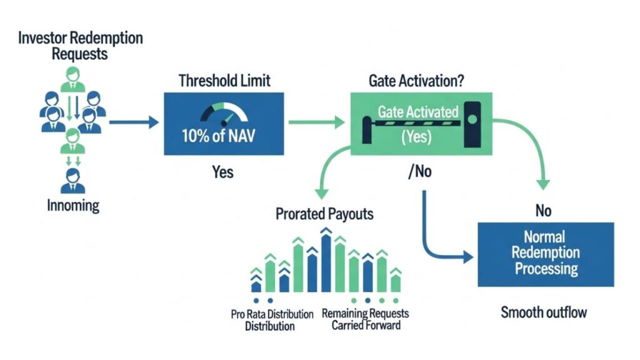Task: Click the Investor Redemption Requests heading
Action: [x=80, y=46]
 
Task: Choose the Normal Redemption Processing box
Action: [x=546, y=254]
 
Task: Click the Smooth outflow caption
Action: [x=544, y=311]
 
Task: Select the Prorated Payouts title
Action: [x=324, y=214]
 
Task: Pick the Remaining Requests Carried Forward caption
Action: [x=366, y=319]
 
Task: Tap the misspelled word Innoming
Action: [x=73, y=205]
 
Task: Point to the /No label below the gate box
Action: [x=419, y=172]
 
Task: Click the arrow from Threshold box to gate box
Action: [x=316, y=121]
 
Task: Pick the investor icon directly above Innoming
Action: [x=74, y=181]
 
